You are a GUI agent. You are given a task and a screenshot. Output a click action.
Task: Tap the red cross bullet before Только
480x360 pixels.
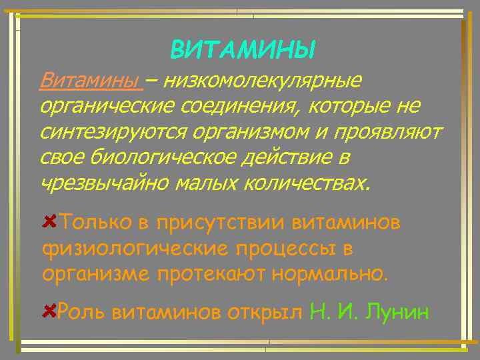[x=49, y=221]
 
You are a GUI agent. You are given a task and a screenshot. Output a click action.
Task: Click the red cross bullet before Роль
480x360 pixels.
[x=49, y=311]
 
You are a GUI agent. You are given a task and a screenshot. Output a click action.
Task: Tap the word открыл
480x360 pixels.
[x=265, y=311]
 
